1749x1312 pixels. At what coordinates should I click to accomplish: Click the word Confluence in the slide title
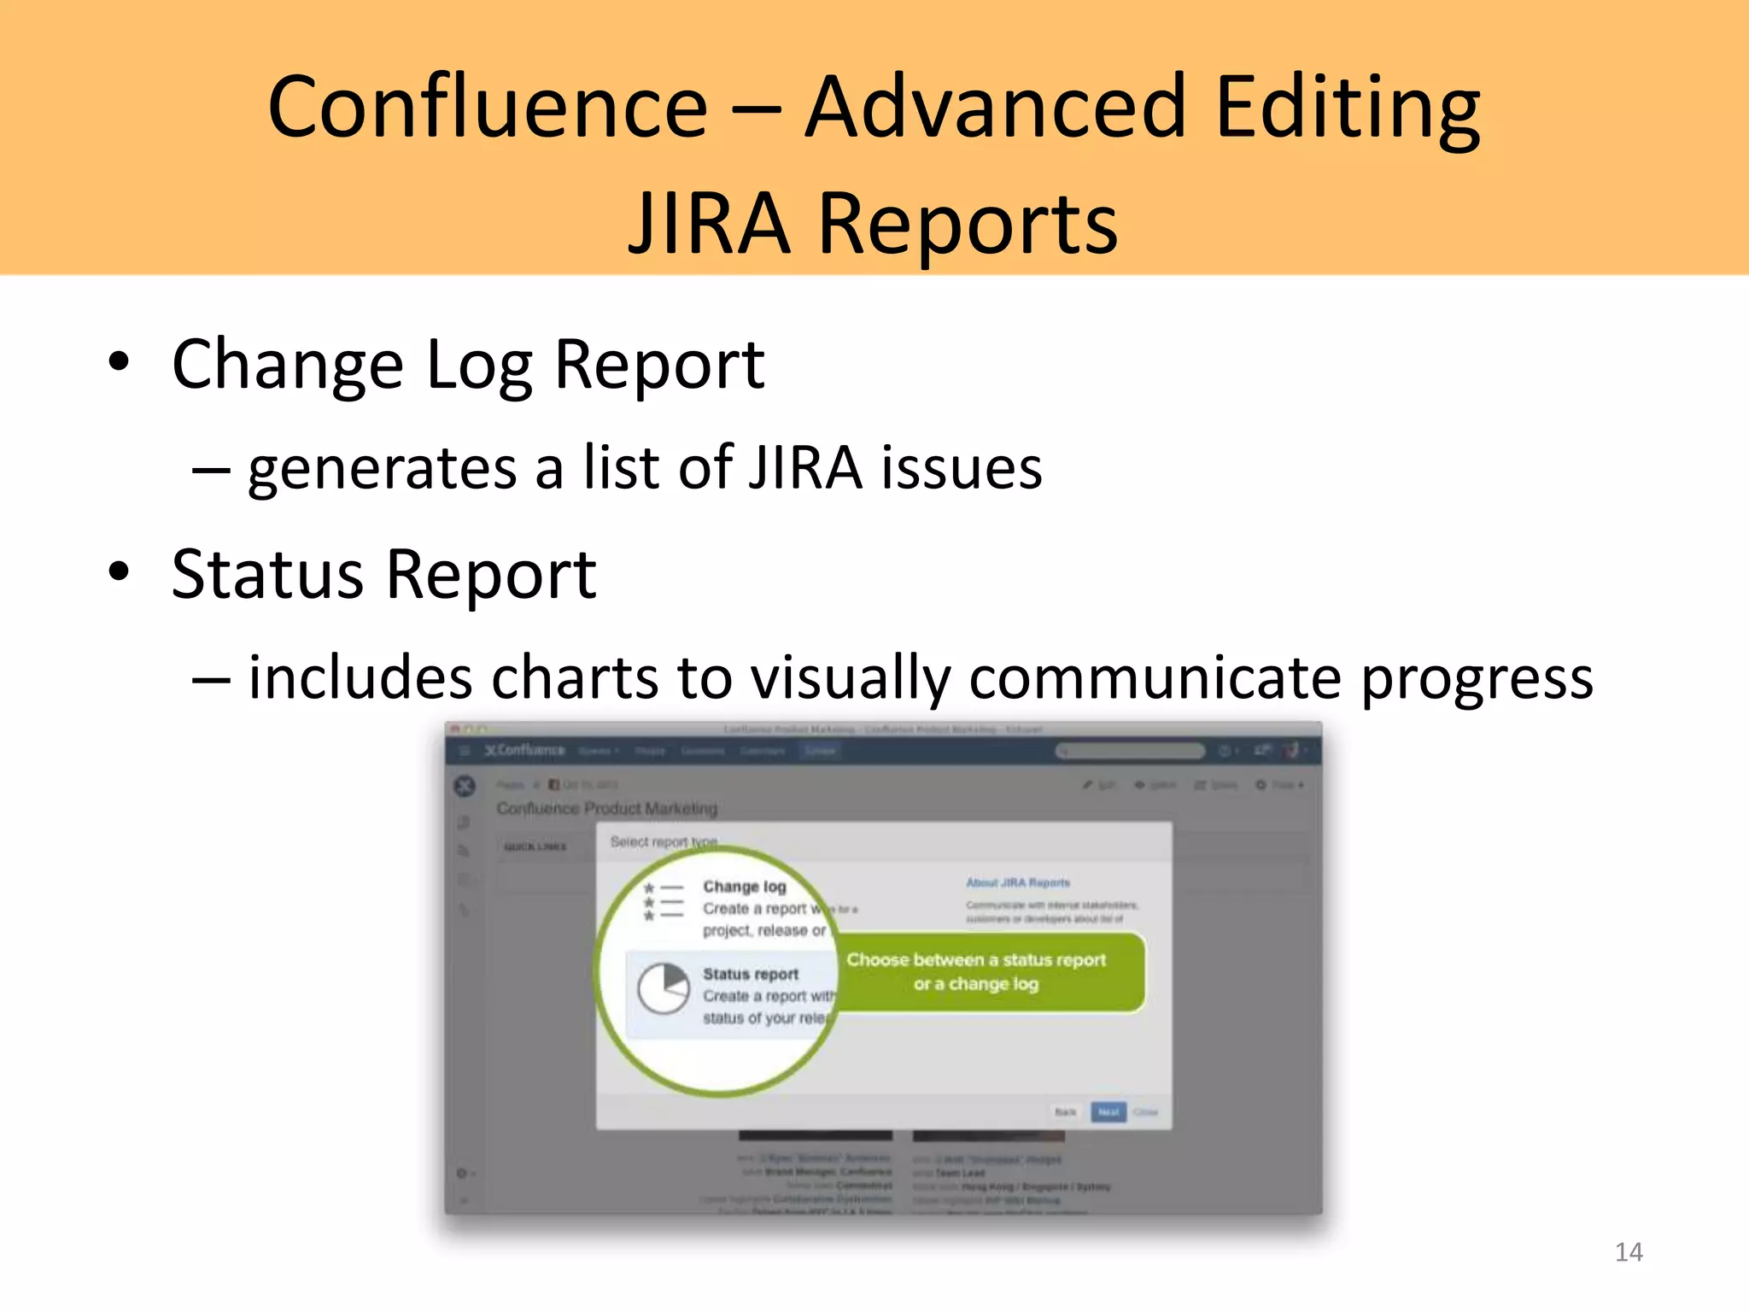coord(488,108)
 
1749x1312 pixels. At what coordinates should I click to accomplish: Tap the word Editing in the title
coord(1347,109)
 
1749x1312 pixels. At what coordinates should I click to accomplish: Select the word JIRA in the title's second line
coord(709,224)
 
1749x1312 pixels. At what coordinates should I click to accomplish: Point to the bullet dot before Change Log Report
coord(119,362)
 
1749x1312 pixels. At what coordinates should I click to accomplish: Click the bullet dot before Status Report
coord(119,571)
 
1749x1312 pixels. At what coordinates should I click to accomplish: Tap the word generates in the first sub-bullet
coord(383,469)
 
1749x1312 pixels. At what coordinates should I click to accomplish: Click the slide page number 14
coord(1629,1252)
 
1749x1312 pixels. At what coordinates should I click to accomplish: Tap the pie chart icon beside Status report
coord(664,988)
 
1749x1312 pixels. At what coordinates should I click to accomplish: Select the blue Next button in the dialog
coord(1108,1112)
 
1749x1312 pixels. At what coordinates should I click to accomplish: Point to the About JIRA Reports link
coord(1018,882)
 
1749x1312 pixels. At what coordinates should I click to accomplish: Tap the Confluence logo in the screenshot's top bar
coord(524,751)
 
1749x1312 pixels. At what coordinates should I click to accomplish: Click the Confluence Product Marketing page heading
coord(606,808)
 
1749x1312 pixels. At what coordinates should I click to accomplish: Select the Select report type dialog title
coord(664,842)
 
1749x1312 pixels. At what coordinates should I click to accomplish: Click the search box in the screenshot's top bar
coord(1129,751)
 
